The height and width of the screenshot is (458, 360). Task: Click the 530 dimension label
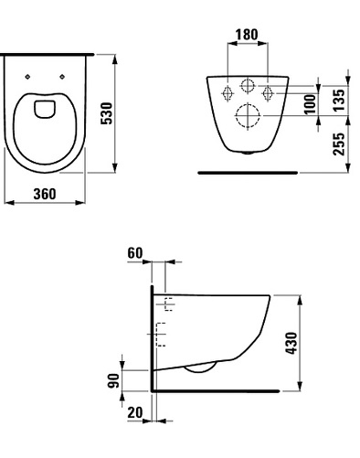(107, 113)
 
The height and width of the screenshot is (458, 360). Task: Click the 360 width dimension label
(45, 194)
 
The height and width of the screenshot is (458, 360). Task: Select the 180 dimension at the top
(247, 35)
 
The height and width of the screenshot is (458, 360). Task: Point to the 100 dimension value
(310, 104)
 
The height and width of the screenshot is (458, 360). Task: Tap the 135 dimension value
(339, 100)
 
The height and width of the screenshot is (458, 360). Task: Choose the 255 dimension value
(339, 144)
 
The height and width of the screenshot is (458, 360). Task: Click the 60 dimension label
(135, 253)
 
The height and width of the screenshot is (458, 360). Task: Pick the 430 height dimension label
(291, 343)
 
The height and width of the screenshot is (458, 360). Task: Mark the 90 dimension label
(113, 380)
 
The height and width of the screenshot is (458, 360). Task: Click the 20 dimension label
(135, 412)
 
